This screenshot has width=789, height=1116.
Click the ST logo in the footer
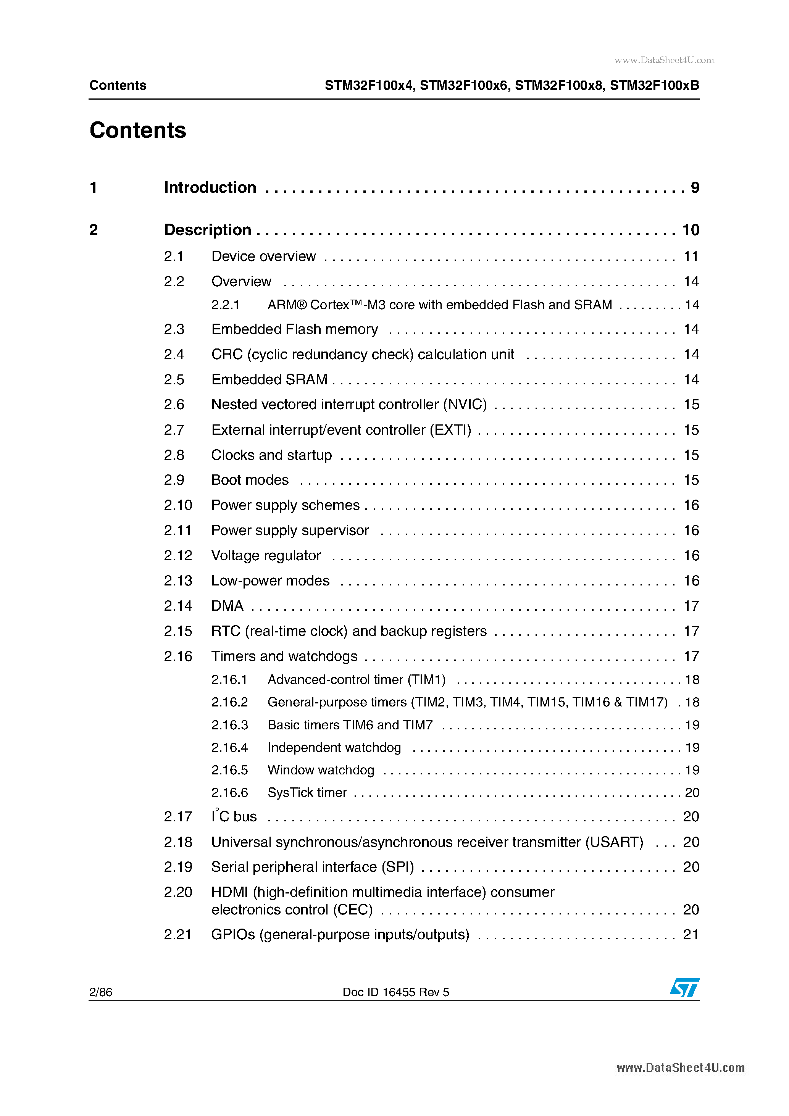point(684,988)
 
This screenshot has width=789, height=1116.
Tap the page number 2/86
point(101,992)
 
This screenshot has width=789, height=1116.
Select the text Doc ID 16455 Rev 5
point(396,992)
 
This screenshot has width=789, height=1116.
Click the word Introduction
point(210,188)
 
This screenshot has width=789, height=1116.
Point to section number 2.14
point(178,606)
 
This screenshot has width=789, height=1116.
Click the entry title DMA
point(227,606)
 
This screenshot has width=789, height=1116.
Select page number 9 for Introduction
point(695,188)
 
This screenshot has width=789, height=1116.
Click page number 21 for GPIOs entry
point(691,934)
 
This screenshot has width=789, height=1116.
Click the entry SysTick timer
point(307,792)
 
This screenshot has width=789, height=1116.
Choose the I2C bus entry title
point(234,817)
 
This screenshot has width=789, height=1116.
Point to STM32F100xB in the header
point(654,85)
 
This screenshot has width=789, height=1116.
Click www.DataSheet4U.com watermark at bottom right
point(680,1068)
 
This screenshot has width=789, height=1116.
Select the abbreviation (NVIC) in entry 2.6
point(464,405)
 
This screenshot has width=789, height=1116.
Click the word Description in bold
point(208,230)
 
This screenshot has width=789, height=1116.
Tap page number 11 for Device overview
point(691,256)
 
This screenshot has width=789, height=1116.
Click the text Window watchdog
point(321,770)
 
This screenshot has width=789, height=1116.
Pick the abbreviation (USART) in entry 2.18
point(614,842)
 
